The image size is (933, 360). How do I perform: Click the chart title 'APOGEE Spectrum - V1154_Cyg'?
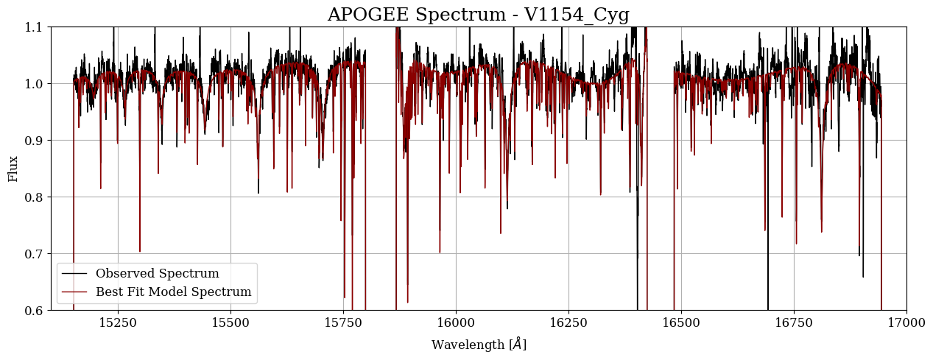pyautogui.click(x=478, y=15)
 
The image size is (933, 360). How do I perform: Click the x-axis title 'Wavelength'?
pyautogui.click(x=478, y=345)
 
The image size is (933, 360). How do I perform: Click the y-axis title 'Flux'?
pyautogui.click(x=13, y=168)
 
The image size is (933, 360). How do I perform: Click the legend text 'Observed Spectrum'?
pyautogui.click(x=157, y=274)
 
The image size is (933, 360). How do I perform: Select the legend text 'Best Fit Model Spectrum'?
pyautogui.click(x=173, y=292)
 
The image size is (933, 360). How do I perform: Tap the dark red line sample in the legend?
pyautogui.click(x=75, y=292)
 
